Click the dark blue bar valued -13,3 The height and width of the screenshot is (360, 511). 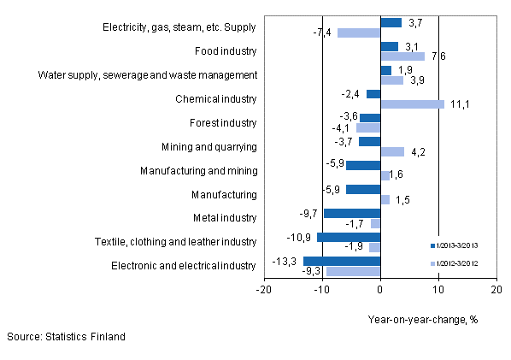click(x=342, y=261)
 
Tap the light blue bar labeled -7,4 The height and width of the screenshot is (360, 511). click(x=359, y=32)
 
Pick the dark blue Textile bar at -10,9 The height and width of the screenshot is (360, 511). click(x=349, y=237)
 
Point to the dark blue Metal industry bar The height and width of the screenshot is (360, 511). click(x=352, y=213)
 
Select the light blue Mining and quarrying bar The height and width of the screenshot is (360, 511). click(x=392, y=152)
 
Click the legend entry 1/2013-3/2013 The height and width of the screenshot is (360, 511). click(x=461, y=245)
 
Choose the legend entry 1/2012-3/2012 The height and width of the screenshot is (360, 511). click(x=461, y=263)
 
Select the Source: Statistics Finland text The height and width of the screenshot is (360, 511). click(x=66, y=337)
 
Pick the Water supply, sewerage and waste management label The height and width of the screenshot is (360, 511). click(x=148, y=74)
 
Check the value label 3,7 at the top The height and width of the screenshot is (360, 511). click(x=416, y=21)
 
